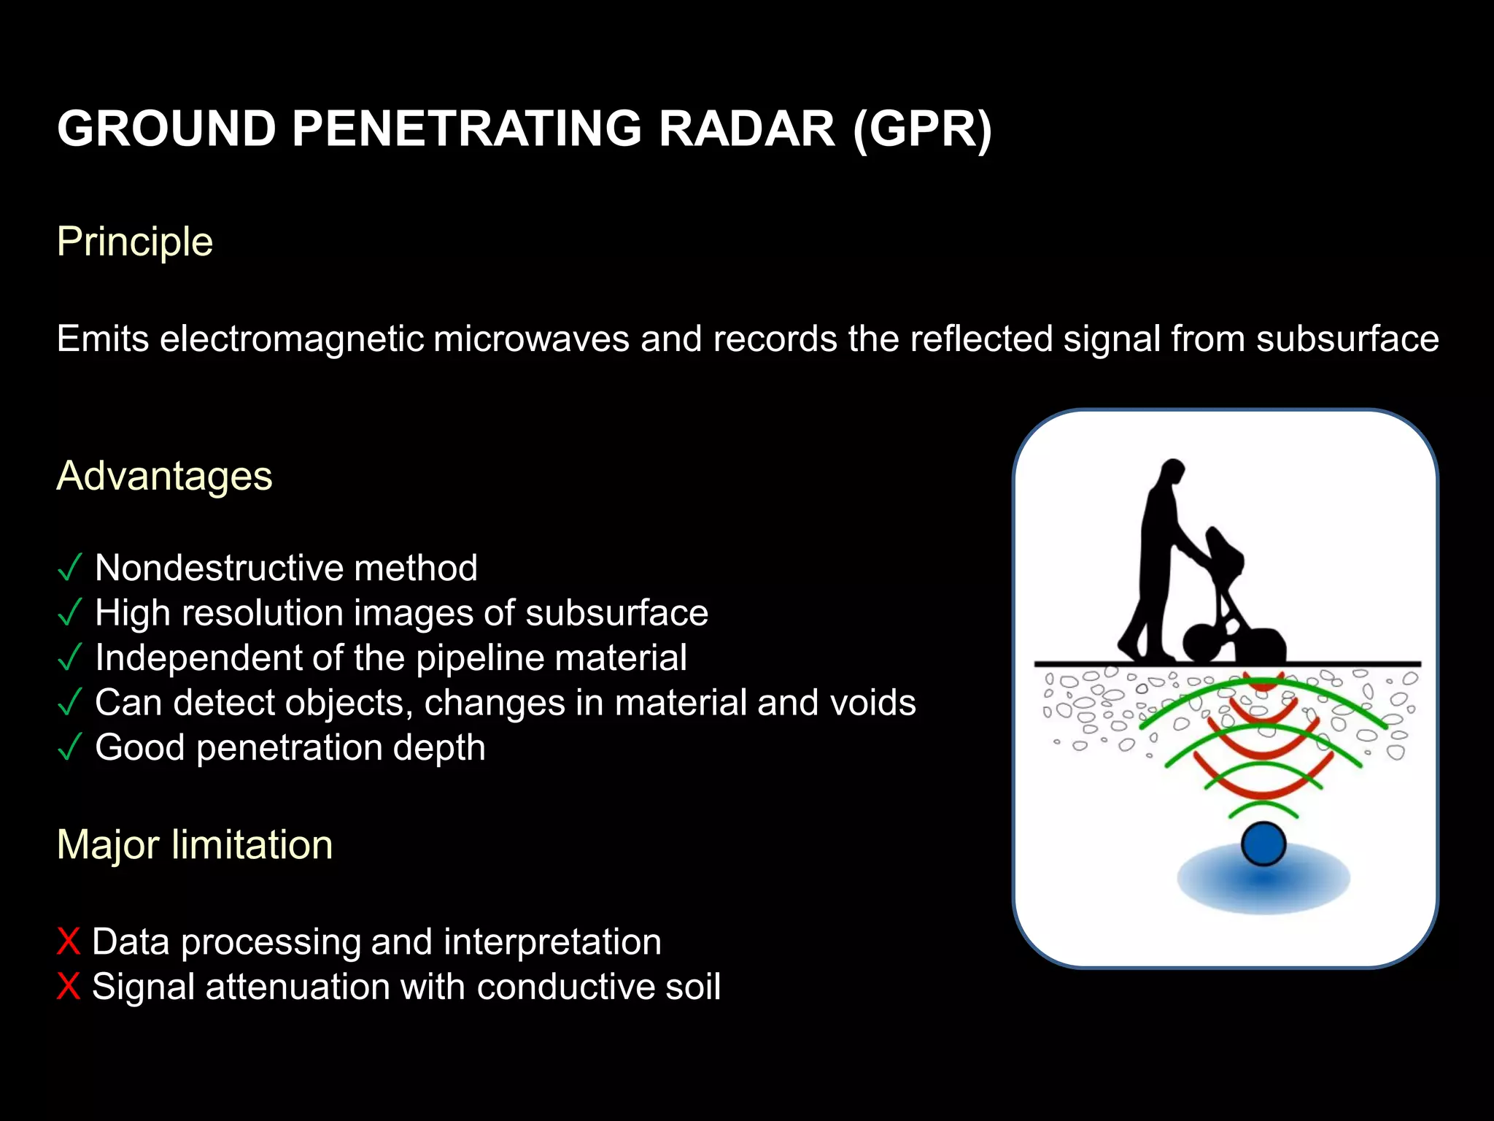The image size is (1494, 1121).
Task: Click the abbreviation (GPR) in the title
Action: coord(922,130)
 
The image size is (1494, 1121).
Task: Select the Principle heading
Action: coord(135,242)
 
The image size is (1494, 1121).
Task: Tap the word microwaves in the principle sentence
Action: coord(531,339)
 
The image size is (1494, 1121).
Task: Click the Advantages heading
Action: coord(164,477)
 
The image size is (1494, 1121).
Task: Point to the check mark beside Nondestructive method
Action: coord(69,569)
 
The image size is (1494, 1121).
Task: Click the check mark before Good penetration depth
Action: coord(69,748)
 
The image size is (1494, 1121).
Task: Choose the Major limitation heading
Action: coord(195,845)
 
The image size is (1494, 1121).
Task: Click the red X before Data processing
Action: coord(68,942)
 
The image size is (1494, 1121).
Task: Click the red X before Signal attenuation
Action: coord(68,987)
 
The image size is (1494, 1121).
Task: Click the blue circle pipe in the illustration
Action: coord(1263,844)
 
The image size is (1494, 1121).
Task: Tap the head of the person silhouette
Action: coord(1172,471)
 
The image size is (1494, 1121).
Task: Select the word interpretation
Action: coord(552,942)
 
